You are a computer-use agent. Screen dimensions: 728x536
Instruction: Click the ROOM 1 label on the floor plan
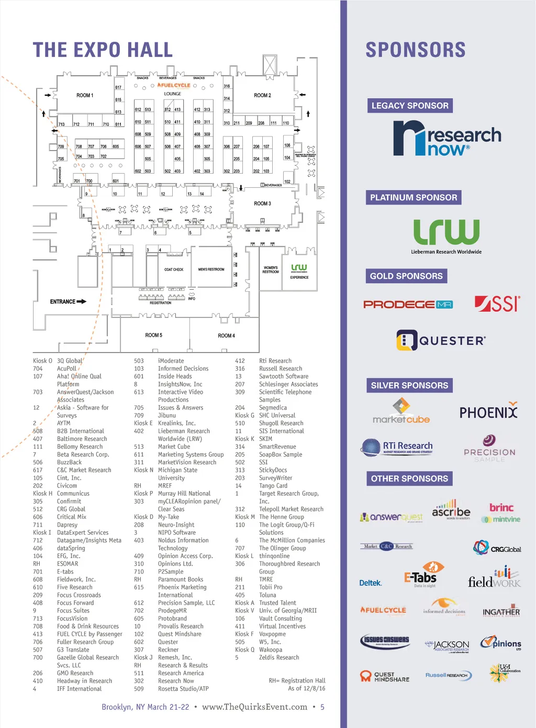[85, 96]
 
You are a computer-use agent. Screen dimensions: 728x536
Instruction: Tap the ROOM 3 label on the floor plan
[262, 203]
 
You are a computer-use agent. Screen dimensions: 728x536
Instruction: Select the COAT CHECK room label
[174, 269]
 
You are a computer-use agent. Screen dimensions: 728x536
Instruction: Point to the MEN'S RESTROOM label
[211, 269]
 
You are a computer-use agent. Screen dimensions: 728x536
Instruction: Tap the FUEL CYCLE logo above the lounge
[174, 85]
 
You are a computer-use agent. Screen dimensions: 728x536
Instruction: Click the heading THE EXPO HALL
[103, 50]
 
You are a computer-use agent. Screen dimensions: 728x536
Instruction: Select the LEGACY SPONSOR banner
[410, 106]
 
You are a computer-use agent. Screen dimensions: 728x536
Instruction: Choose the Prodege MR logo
[408, 304]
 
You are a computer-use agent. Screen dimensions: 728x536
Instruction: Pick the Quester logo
[441, 340]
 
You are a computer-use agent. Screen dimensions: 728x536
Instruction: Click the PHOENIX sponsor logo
[488, 412]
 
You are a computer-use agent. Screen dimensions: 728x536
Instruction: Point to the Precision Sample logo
[489, 449]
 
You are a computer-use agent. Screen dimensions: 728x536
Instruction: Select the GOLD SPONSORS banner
[406, 276]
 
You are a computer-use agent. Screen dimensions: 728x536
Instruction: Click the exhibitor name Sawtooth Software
[284, 377]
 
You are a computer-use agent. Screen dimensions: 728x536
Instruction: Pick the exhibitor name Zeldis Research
[279, 657]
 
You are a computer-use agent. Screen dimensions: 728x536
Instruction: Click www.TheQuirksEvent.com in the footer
[254, 707]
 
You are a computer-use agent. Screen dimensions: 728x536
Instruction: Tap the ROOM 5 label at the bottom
[153, 335]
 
